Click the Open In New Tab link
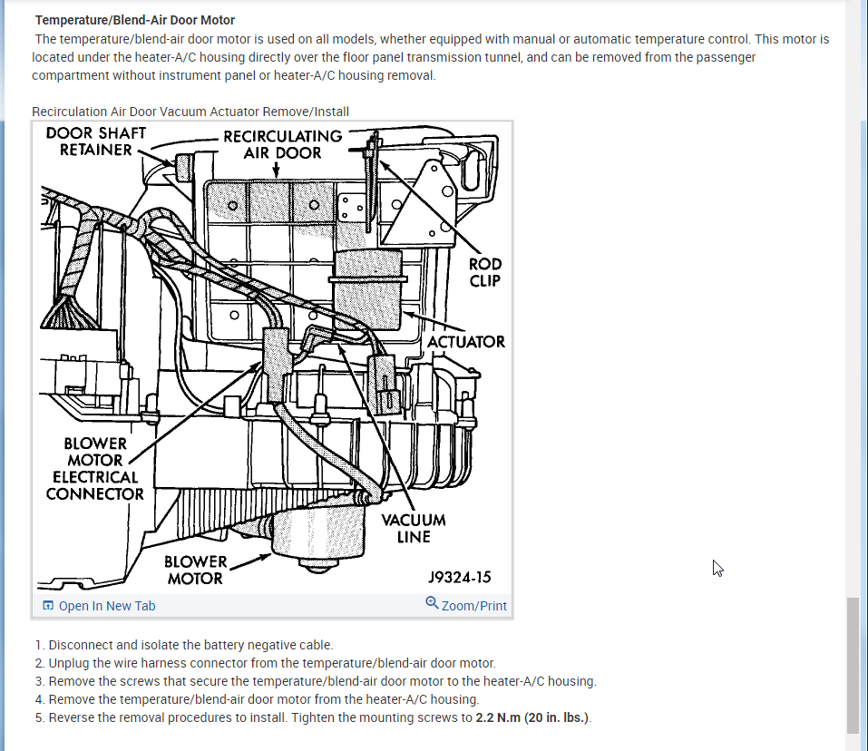tap(106, 606)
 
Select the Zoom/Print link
tap(473, 606)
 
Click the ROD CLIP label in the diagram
tap(484, 272)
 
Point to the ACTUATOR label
tap(466, 342)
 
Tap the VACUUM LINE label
tap(414, 528)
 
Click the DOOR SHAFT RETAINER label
tap(95, 141)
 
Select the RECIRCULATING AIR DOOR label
tap(282, 144)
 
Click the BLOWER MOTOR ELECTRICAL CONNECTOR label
tap(94, 469)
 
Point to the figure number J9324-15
tap(460, 577)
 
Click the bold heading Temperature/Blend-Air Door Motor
tap(135, 20)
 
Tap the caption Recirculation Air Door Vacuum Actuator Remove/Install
tap(190, 112)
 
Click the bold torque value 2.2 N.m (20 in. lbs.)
tap(532, 717)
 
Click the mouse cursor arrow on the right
tap(717, 568)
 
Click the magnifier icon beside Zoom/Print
tap(432, 603)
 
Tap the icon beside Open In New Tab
tap(48, 606)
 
